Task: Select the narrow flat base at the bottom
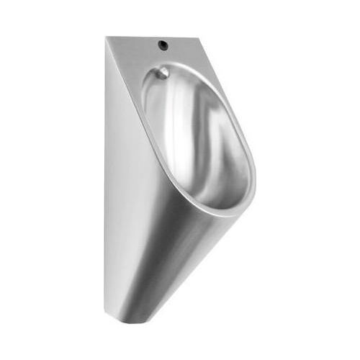point(126,318)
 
